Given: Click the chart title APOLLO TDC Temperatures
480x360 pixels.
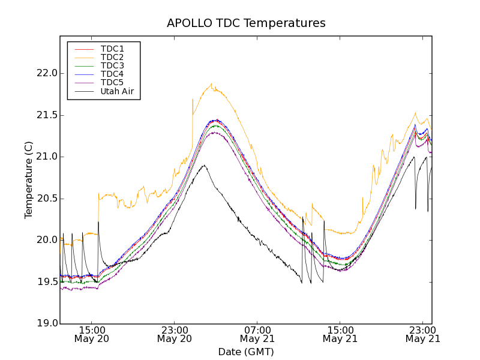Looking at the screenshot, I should [x=246, y=23].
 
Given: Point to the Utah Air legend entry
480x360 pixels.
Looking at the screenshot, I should [x=117, y=92].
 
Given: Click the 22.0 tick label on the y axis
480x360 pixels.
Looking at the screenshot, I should [x=46, y=73].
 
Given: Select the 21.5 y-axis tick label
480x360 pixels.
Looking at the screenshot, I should [x=46, y=115].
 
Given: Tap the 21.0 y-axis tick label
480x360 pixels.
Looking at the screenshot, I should [x=46, y=157].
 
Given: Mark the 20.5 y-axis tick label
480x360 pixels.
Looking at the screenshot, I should [x=46, y=199].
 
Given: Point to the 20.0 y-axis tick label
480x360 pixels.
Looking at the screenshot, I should [x=46, y=240].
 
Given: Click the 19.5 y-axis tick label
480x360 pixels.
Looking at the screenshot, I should [x=46, y=282].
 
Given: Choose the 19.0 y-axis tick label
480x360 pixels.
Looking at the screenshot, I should [x=46, y=323].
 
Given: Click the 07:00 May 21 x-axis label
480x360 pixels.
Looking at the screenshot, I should [x=257, y=334].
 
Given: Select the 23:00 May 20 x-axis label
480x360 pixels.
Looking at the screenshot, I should [x=175, y=334].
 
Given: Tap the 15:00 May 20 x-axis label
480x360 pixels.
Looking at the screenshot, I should [x=92, y=334].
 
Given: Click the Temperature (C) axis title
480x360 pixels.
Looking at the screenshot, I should [x=29, y=180].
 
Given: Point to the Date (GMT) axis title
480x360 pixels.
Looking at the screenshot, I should [x=246, y=352].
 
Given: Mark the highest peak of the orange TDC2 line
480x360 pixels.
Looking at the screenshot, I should [x=212, y=83].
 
